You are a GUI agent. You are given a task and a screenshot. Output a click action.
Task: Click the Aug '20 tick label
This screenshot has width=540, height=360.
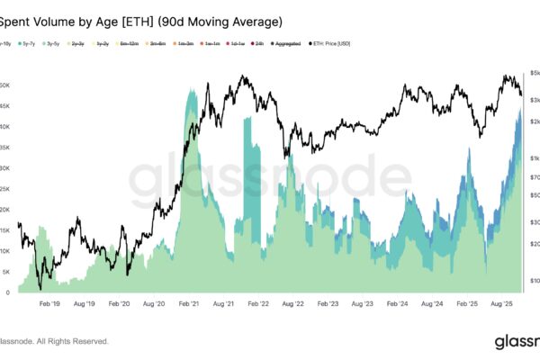click(x=151, y=305)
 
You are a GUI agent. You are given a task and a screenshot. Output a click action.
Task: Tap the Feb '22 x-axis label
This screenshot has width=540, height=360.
click(x=258, y=305)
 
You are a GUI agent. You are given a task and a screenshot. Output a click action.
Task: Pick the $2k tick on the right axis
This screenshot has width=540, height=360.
click(x=534, y=121)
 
